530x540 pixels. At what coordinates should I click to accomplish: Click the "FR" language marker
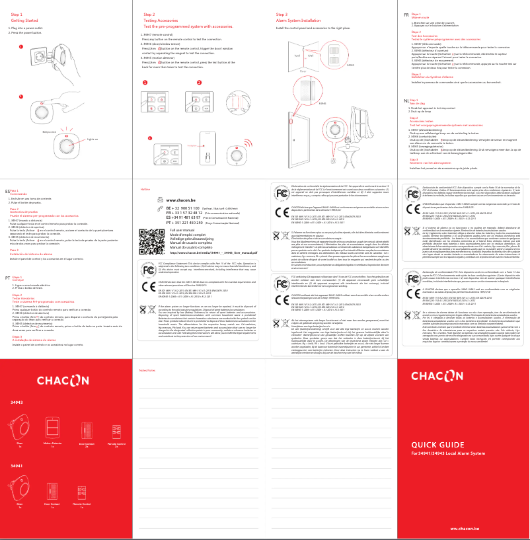(406, 14)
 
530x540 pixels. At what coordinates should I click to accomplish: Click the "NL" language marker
(406, 100)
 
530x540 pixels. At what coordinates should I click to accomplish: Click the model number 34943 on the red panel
(17, 402)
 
